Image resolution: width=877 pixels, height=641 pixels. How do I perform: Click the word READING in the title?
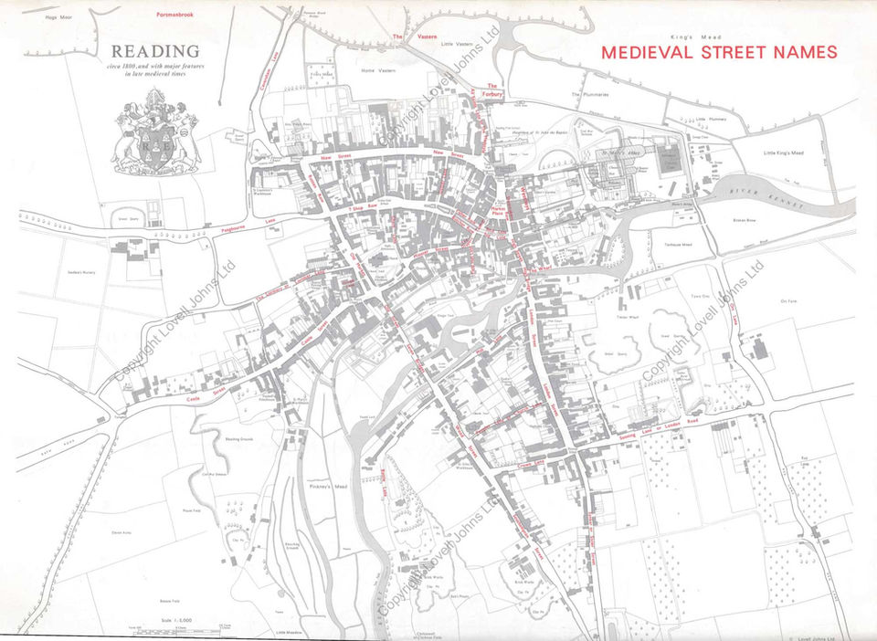click(155, 51)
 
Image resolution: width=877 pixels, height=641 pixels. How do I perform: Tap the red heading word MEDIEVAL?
click(642, 52)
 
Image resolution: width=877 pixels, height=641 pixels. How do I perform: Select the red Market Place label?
click(497, 213)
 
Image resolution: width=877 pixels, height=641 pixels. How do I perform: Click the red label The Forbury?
click(491, 89)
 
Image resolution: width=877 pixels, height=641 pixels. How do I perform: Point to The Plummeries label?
click(589, 94)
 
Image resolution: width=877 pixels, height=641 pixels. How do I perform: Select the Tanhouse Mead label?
click(675, 245)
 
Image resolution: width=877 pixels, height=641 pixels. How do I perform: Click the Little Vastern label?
click(457, 43)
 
